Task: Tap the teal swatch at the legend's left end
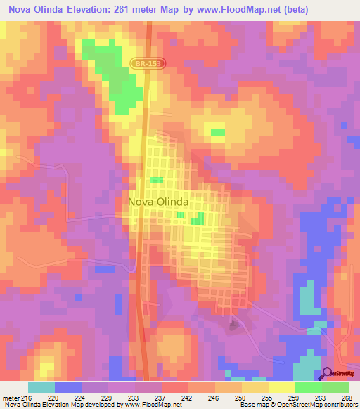coord(41,387)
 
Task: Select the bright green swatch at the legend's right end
coord(335,387)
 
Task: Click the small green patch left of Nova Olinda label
coord(156,181)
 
